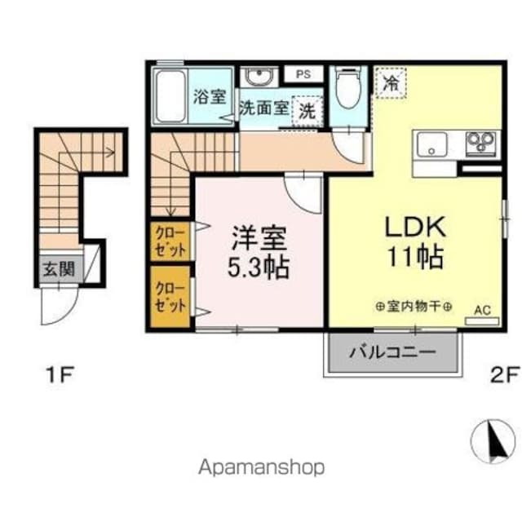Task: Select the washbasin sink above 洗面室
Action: (x=260, y=77)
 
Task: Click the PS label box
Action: (x=303, y=74)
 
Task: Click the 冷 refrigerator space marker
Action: (x=391, y=82)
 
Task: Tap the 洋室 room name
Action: (x=260, y=239)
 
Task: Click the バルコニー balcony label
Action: (x=392, y=352)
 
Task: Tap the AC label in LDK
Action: (x=481, y=309)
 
